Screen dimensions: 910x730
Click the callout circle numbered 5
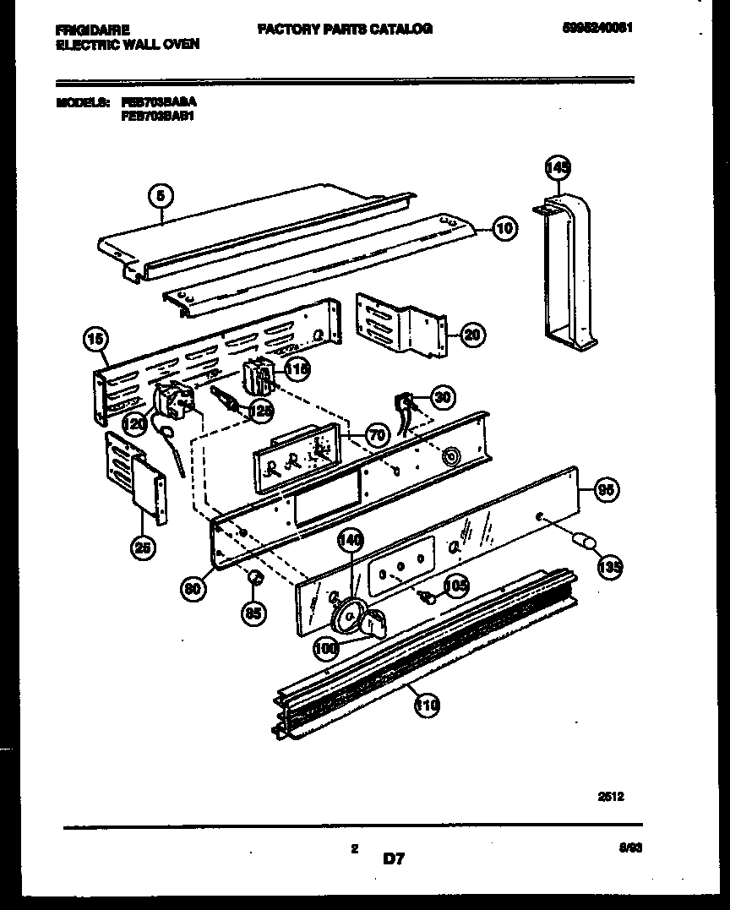161,195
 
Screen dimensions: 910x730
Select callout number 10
504,226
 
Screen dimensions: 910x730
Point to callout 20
471,335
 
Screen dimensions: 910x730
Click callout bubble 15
96,341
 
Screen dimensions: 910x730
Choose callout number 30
442,396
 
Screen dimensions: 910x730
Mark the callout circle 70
377,435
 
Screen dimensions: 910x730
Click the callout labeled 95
606,489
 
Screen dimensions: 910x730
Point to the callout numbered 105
456,586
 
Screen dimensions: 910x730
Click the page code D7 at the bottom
394,860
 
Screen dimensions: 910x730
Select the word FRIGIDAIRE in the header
93,30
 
